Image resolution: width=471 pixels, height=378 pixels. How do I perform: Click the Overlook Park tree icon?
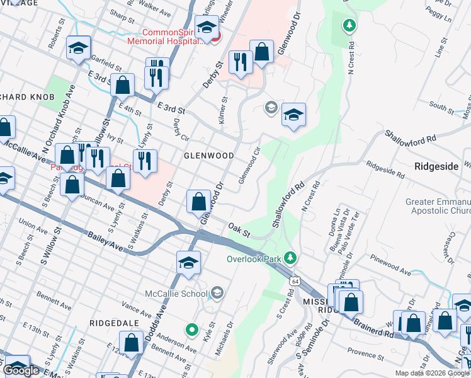click(x=290, y=257)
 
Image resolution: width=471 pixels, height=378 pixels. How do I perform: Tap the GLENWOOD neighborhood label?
click(x=208, y=155)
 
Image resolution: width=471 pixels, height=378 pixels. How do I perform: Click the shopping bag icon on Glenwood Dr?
click(x=199, y=202)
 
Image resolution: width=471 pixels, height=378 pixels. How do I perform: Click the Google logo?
click(x=22, y=370)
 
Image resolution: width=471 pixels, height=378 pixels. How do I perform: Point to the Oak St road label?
click(x=239, y=230)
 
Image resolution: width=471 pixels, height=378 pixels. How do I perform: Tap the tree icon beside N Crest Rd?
click(x=349, y=26)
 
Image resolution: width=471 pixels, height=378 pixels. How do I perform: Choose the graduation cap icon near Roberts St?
click(x=79, y=48)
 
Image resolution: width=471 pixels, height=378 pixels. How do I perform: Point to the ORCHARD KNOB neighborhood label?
click(x=27, y=97)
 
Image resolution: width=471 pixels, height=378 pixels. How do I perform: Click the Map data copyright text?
click(x=431, y=373)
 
